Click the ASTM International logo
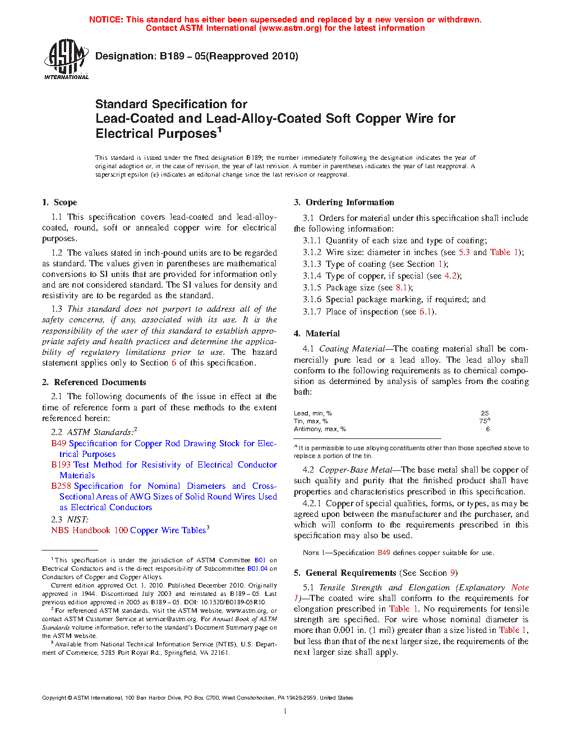tap(66, 59)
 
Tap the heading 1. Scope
tap(59, 202)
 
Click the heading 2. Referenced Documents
tap(94, 382)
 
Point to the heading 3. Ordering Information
tap(344, 202)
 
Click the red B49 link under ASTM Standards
tap(58, 443)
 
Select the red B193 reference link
tap(61, 465)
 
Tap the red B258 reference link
tap(61, 486)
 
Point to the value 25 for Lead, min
tap(485, 413)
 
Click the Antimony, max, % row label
tap(320, 429)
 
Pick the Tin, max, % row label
tap(311, 421)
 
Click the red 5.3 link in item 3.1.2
tap(464, 252)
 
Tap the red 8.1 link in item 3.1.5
tap(401, 288)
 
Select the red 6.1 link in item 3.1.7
tap(425, 312)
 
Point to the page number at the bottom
tap(285, 711)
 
